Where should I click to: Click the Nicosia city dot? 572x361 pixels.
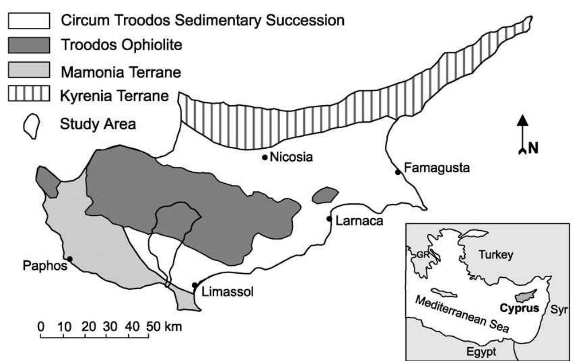click(x=265, y=157)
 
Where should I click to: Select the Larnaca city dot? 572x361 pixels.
click(x=329, y=219)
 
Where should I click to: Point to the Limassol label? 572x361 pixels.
click(x=228, y=292)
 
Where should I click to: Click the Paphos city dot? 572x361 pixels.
click(x=70, y=258)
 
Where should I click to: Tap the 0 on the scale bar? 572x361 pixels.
click(x=41, y=326)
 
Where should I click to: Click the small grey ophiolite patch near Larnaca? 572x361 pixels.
click(x=325, y=195)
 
